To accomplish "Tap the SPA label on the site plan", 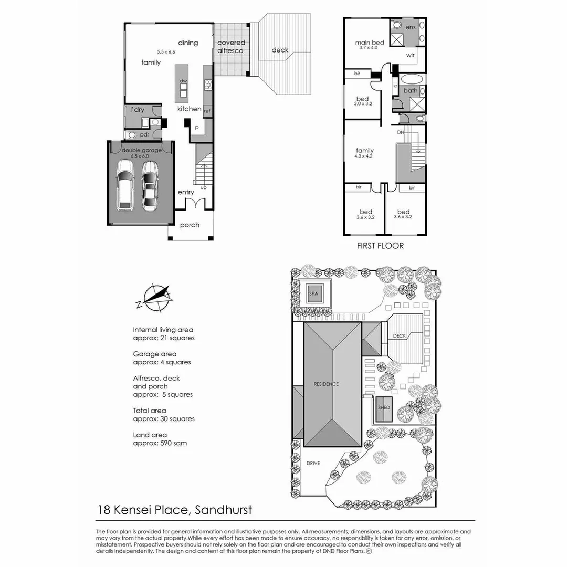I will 314,293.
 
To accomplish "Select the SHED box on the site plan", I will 384,407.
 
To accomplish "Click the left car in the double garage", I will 125,184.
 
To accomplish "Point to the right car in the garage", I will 150,185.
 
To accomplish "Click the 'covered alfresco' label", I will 231,47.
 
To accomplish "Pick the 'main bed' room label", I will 370,43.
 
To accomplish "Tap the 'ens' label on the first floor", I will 411,27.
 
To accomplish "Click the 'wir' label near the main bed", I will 411,54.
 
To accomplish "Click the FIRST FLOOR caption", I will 380,245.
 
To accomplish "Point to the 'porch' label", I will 190,225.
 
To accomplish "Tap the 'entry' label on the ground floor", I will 186,192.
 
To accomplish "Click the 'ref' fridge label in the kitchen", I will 207,111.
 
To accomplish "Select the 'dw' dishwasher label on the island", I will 184,81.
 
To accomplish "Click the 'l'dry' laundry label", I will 137,110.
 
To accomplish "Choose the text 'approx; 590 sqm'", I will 160,443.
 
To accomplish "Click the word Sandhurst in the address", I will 223,509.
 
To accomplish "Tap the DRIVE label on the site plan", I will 313,463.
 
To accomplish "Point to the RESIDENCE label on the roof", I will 327,384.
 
